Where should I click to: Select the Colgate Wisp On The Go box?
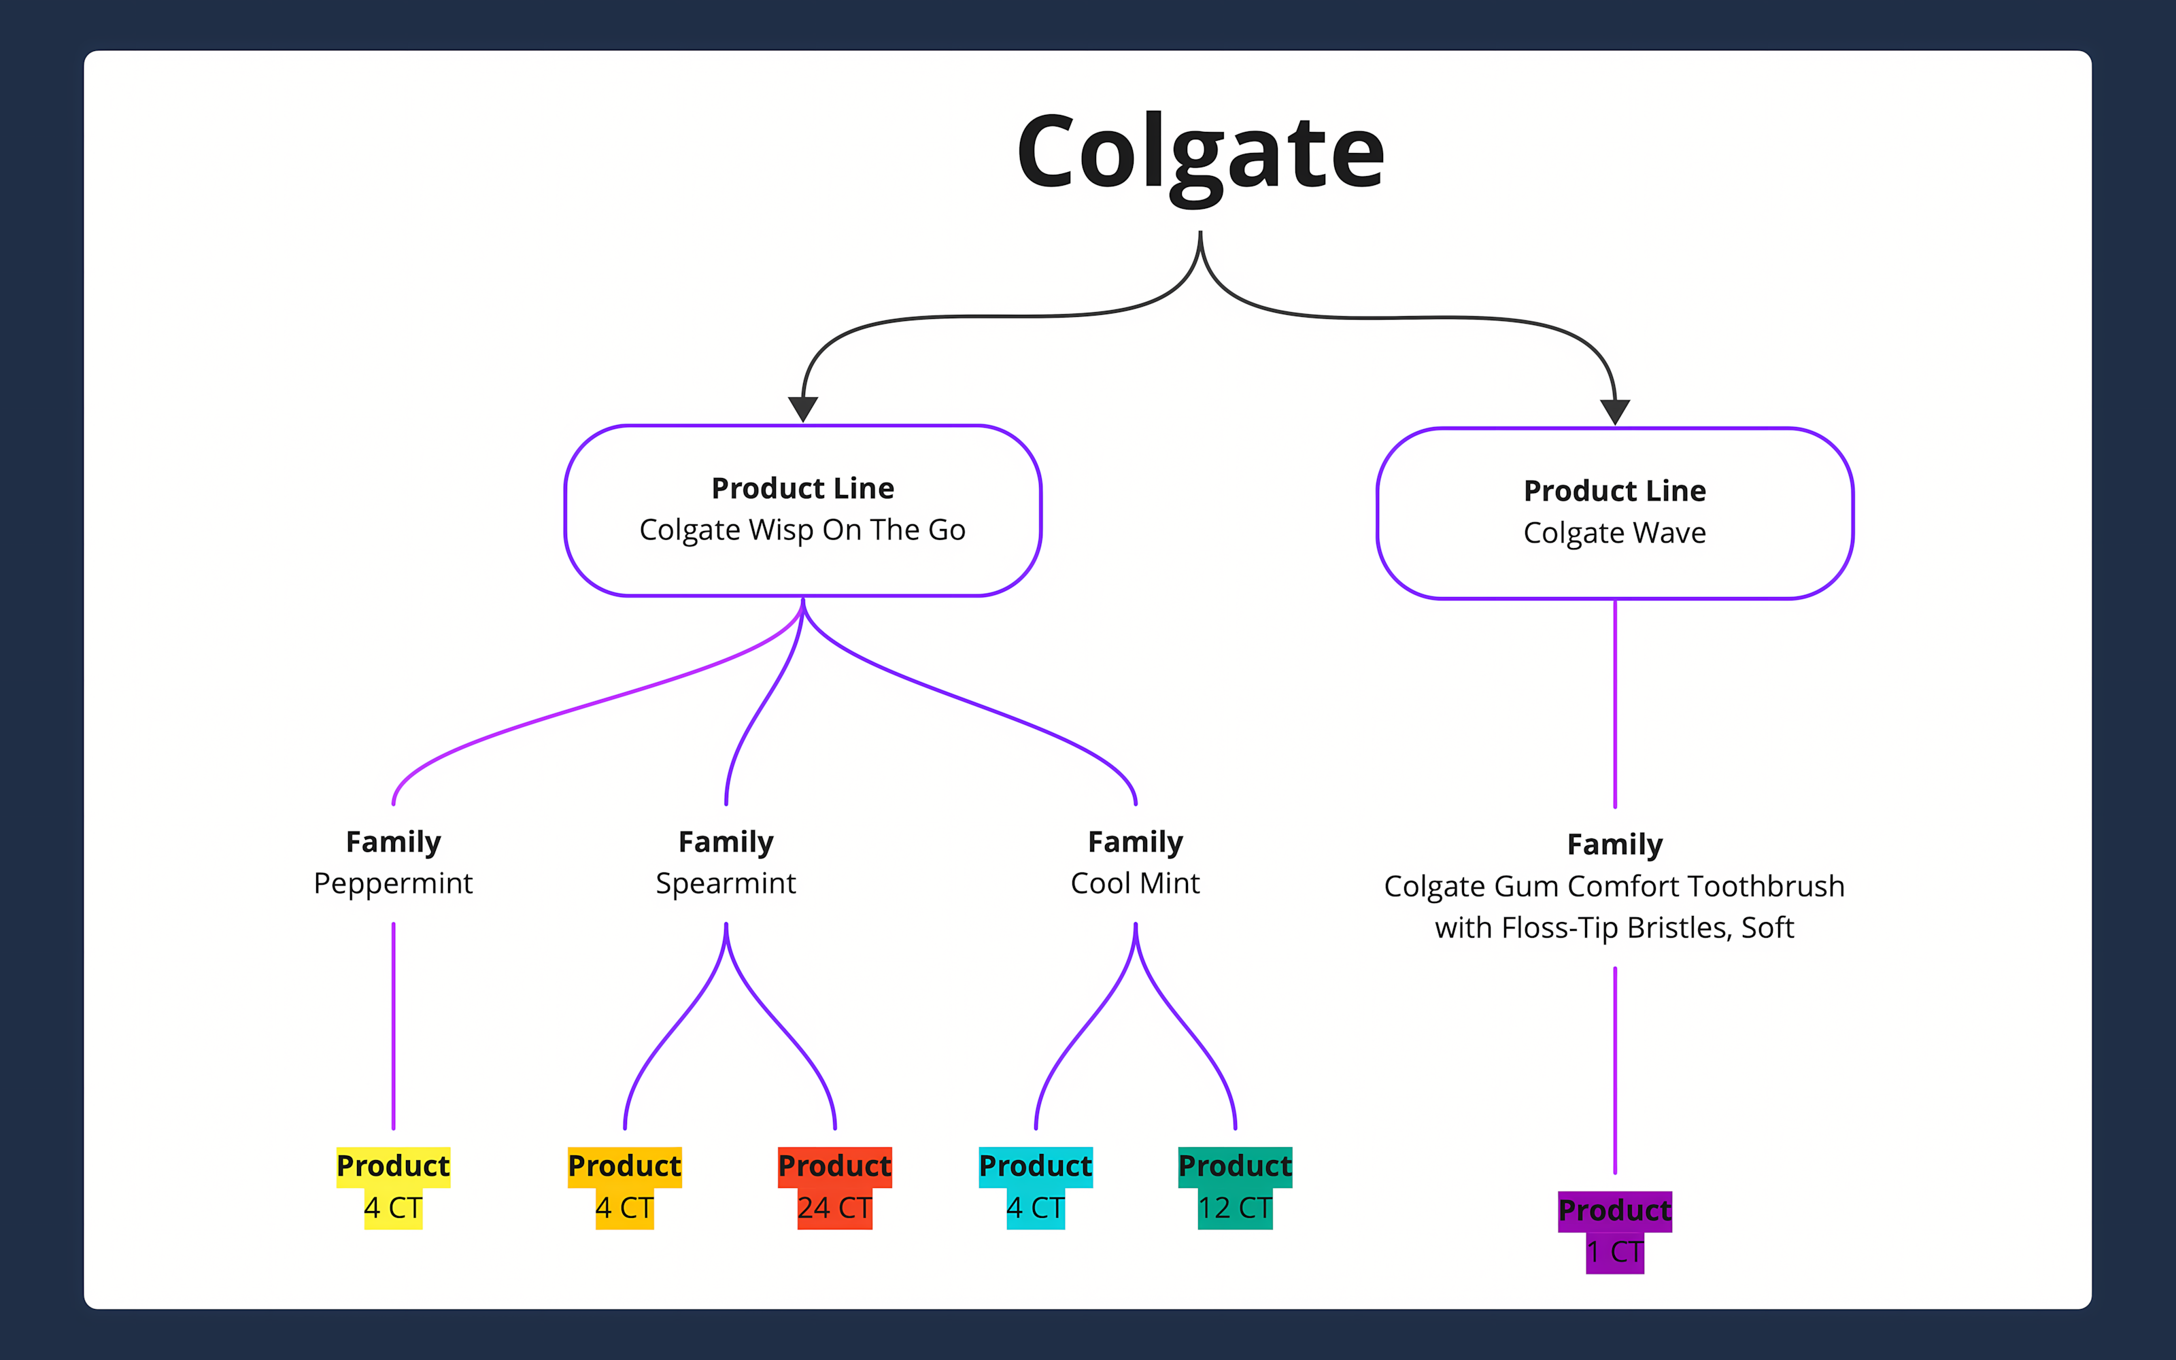[x=802, y=509]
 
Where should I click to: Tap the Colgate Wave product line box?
[x=1614, y=513]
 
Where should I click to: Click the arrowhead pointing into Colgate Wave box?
[x=1615, y=411]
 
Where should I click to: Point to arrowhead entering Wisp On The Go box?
[x=802, y=409]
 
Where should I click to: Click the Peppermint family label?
[x=393, y=863]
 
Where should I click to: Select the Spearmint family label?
[x=726, y=863]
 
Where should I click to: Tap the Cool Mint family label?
[x=1135, y=863]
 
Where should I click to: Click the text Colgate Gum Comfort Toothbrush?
[x=1614, y=886]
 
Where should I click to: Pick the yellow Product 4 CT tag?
[x=393, y=1187]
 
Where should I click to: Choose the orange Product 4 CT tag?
[x=624, y=1187]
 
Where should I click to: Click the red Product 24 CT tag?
[x=834, y=1187]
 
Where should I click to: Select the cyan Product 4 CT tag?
[x=1035, y=1187]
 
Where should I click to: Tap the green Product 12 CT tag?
[x=1235, y=1187]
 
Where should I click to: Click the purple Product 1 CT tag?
[x=1614, y=1231]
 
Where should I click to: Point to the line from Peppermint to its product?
[x=393, y=1025]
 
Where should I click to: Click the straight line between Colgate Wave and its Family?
[x=1615, y=702]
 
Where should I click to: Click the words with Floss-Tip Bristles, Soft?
[x=1614, y=928]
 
